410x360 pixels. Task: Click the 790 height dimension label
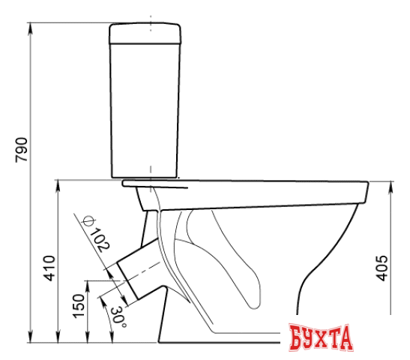(x=22, y=150)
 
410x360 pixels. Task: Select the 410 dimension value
(x=49, y=268)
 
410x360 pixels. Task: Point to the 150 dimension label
(x=79, y=306)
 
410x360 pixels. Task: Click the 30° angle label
(x=118, y=316)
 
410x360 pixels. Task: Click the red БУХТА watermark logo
(x=321, y=337)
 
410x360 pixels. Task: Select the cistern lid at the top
(x=145, y=34)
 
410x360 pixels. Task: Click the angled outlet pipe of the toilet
(x=138, y=268)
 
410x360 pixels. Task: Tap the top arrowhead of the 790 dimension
(x=31, y=28)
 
